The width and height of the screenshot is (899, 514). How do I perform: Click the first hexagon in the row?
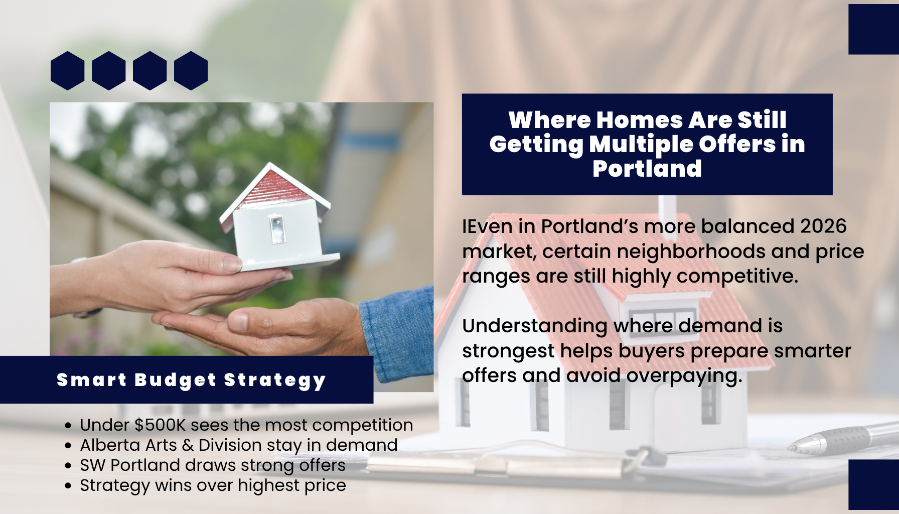(x=68, y=71)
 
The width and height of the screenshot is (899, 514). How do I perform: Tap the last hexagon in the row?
(x=191, y=71)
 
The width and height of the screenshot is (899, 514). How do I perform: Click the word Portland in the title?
(x=647, y=169)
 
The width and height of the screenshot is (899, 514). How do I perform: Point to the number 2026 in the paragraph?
(x=823, y=226)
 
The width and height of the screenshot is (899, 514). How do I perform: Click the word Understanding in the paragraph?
(x=535, y=326)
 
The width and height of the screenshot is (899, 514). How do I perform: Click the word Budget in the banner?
(x=176, y=380)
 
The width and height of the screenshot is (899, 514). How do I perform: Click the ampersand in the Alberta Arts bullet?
(x=188, y=445)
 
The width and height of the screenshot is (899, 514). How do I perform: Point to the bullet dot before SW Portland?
(x=68, y=466)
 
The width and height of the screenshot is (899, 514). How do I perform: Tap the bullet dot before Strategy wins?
(x=68, y=486)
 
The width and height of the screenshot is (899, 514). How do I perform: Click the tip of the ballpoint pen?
(x=791, y=447)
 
